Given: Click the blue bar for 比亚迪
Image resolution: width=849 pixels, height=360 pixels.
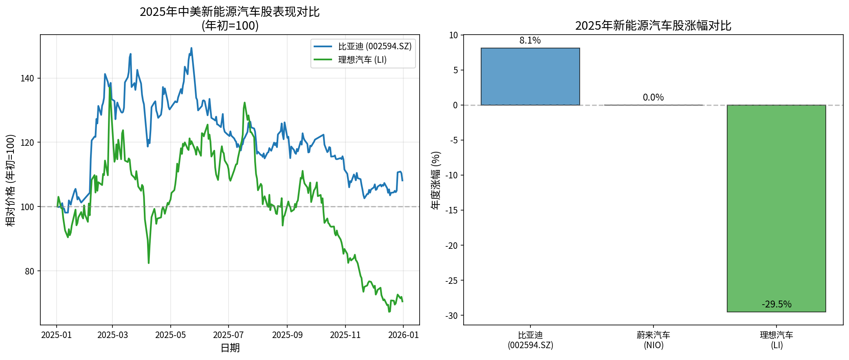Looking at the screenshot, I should (530, 77).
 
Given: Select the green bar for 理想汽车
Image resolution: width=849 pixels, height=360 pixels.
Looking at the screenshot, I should (776, 208).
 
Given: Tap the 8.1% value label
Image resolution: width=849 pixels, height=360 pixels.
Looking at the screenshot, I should (530, 40).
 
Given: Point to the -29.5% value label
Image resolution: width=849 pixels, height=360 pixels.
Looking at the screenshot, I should (776, 304).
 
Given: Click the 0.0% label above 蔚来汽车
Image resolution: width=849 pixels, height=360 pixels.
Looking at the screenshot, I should (653, 97).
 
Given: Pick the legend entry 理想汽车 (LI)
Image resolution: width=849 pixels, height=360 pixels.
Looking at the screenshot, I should (362, 60).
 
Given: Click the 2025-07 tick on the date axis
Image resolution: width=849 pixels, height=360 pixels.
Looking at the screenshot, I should (228, 335).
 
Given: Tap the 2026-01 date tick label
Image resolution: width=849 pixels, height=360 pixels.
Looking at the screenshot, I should (403, 335).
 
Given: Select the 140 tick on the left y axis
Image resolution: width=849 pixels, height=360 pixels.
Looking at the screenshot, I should (27, 78).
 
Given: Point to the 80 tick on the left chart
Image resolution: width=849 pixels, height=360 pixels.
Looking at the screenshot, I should (29, 271).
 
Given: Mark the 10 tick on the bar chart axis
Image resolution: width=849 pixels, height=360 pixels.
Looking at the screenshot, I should (454, 35).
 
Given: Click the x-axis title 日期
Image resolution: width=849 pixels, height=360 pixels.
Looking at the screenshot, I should (230, 348).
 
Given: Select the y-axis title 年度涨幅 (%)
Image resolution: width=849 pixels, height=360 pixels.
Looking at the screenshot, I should (436, 180).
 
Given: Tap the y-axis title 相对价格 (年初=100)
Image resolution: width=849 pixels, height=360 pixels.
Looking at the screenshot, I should (11, 180).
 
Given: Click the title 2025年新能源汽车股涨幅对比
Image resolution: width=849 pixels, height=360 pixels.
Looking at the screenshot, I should (653, 26).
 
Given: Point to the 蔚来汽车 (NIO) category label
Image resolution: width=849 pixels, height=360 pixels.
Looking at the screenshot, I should (653, 340).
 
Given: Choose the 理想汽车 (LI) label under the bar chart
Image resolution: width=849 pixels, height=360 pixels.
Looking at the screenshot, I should (776, 340).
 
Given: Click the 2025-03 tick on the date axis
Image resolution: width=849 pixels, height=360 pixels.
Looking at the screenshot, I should (112, 335).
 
